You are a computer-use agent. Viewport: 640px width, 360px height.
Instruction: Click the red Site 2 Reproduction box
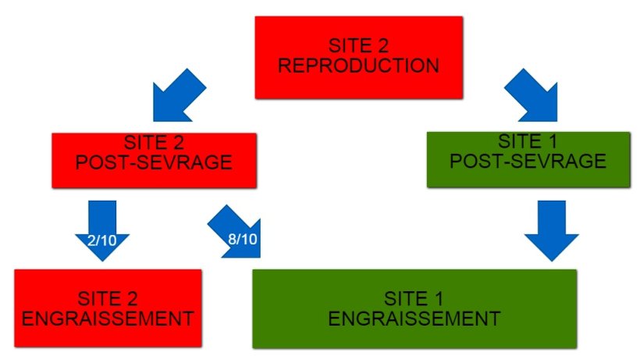359,57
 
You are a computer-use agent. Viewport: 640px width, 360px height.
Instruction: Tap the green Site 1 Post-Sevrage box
528,160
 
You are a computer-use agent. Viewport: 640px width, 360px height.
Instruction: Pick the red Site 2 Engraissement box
108,308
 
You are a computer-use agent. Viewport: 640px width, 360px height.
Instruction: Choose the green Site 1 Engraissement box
414,308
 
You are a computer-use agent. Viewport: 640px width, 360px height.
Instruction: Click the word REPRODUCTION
359,66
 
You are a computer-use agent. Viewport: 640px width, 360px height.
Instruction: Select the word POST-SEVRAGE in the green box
528,162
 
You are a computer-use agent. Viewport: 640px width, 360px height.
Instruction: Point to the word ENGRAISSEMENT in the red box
108,318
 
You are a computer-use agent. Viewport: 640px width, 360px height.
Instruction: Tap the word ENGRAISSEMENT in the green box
414,318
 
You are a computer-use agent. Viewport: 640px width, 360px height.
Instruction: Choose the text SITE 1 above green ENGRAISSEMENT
414,298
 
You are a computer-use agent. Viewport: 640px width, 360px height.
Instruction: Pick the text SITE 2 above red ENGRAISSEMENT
108,298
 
